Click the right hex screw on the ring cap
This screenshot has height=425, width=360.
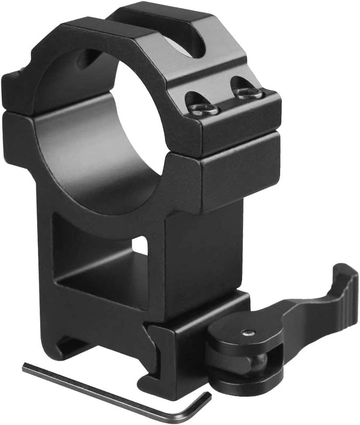(248, 93)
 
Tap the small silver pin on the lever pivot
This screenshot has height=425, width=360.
(248, 333)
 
